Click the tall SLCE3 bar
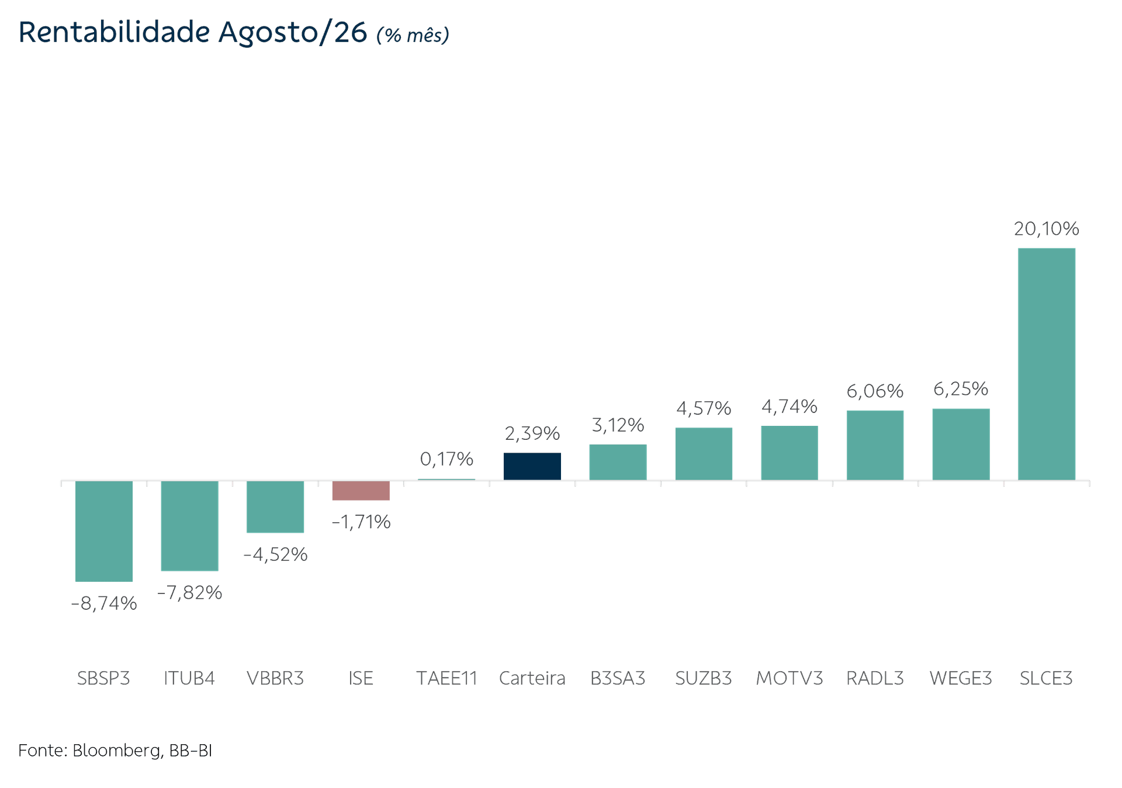click(1046, 364)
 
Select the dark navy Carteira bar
click(532, 466)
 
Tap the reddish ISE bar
click(361, 491)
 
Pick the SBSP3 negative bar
click(104, 532)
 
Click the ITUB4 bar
click(189, 526)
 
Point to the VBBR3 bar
click(275, 507)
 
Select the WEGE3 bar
click(961, 445)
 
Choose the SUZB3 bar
click(704, 454)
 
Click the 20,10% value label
click(1047, 228)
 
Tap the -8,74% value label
click(104, 603)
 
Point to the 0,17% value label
click(446, 459)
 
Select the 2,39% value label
click(532, 433)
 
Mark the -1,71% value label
click(361, 522)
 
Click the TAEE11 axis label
click(446, 678)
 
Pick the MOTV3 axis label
click(789, 678)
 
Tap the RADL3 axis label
click(875, 678)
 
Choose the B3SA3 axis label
click(618, 678)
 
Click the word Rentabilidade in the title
click(114, 32)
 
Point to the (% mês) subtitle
click(413, 35)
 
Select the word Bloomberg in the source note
click(117, 751)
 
